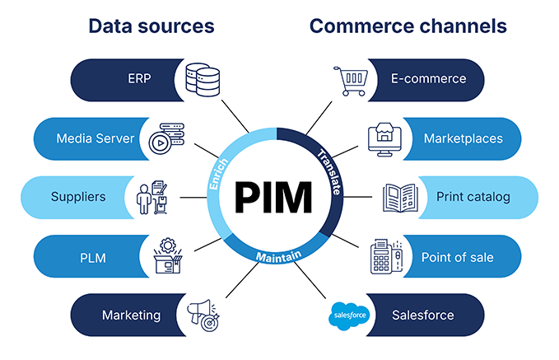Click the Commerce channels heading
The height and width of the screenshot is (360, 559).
[408, 26]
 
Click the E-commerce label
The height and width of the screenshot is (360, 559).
[428, 80]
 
